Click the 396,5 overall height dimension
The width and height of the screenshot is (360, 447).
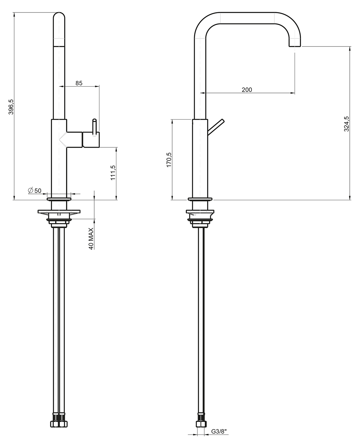(x=11, y=107)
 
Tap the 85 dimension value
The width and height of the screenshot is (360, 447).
(x=79, y=83)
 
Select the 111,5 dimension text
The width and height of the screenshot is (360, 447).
(x=113, y=173)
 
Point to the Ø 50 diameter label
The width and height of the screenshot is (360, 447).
(x=35, y=190)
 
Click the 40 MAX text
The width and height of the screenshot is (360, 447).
(x=91, y=239)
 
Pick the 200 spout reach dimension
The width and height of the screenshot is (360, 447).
(x=247, y=90)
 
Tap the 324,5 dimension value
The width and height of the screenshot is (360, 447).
(x=347, y=124)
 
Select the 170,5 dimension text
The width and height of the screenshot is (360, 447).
(x=169, y=160)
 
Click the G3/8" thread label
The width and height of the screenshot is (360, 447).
(x=219, y=437)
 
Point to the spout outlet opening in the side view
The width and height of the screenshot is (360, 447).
(x=295, y=46)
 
